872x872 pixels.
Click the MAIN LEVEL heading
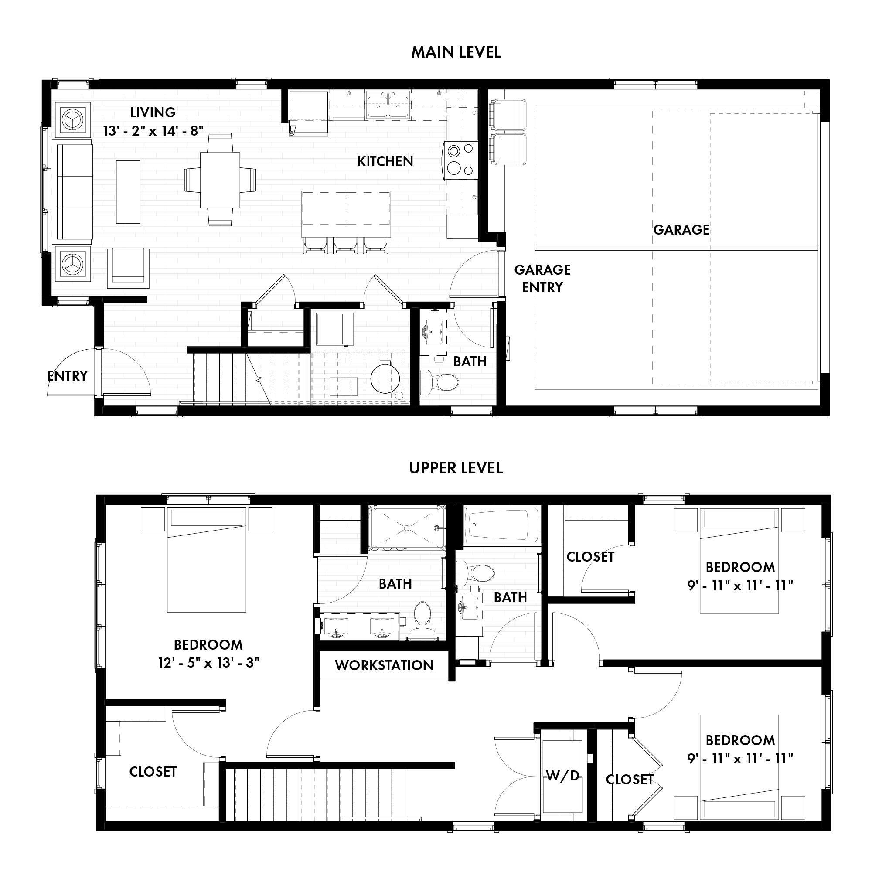pyautogui.click(x=456, y=52)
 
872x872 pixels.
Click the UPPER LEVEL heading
pyautogui.click(x=456, y=468)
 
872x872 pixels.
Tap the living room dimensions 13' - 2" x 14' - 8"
pyautogui.click(x=153, y=131)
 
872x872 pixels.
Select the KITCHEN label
pyautogui.click(x=385, y=162)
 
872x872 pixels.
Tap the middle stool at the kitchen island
pyautogui.click(x=346, y=245)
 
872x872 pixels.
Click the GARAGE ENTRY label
pyautogui.click(x=542, y=279)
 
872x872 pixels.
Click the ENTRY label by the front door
pyautogui.click(x=67, y=375)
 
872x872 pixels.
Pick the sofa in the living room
pyautogui.click(x=72, y=192)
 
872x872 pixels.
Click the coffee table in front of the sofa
pyautogui.click(x=128, y=192)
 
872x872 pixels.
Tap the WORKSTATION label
pyautogui.click(x=384, y=665)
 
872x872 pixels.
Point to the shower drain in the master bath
pyautogui.click(x=406, y=528)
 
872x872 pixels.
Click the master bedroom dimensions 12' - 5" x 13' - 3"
pyautogui.click(x=208, y=663)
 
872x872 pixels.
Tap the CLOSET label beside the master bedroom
pyautogui.click(x=153, y=772)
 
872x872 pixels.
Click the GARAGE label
pyautogui.click(x=681, y=230)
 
